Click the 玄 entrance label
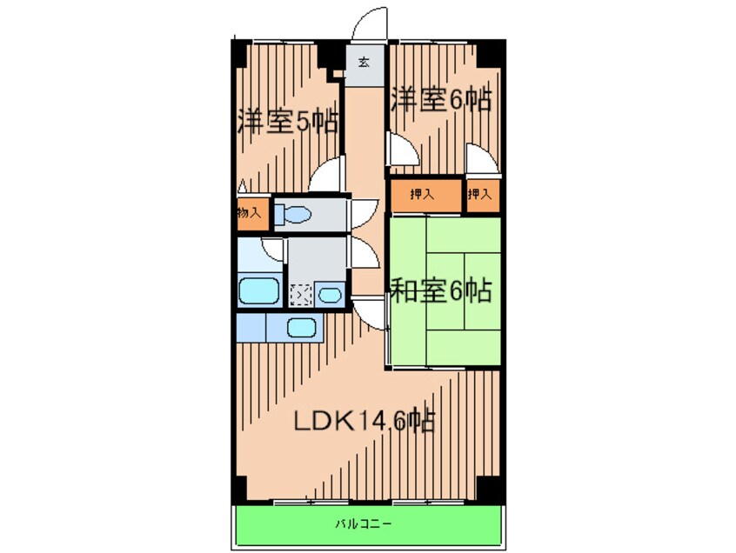(364, 62)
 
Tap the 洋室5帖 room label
(288, 122)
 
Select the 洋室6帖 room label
(441, 99)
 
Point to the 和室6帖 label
(441, 290)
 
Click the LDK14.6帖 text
(365, 421)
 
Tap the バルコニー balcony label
(364, 524)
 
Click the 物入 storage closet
(253, 214)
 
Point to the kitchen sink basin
(301, 328)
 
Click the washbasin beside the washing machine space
(330, 295)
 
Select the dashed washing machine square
(300, 296)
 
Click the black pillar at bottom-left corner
(240, 490)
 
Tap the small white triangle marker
(242, 187)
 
